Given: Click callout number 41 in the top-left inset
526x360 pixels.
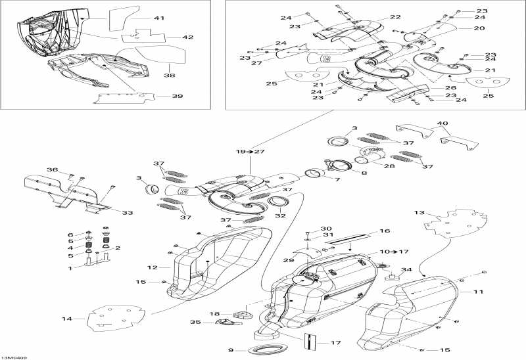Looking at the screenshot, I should [x=160, y=19].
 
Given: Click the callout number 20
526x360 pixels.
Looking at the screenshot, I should [x=479, y=28].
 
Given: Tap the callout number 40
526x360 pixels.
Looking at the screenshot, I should [x=442, y=123].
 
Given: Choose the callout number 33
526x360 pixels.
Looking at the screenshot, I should [x=128, y=212].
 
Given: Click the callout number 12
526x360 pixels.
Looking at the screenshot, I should [x=152, y=267].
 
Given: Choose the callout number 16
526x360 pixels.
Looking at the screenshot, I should [x=385, y=231].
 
